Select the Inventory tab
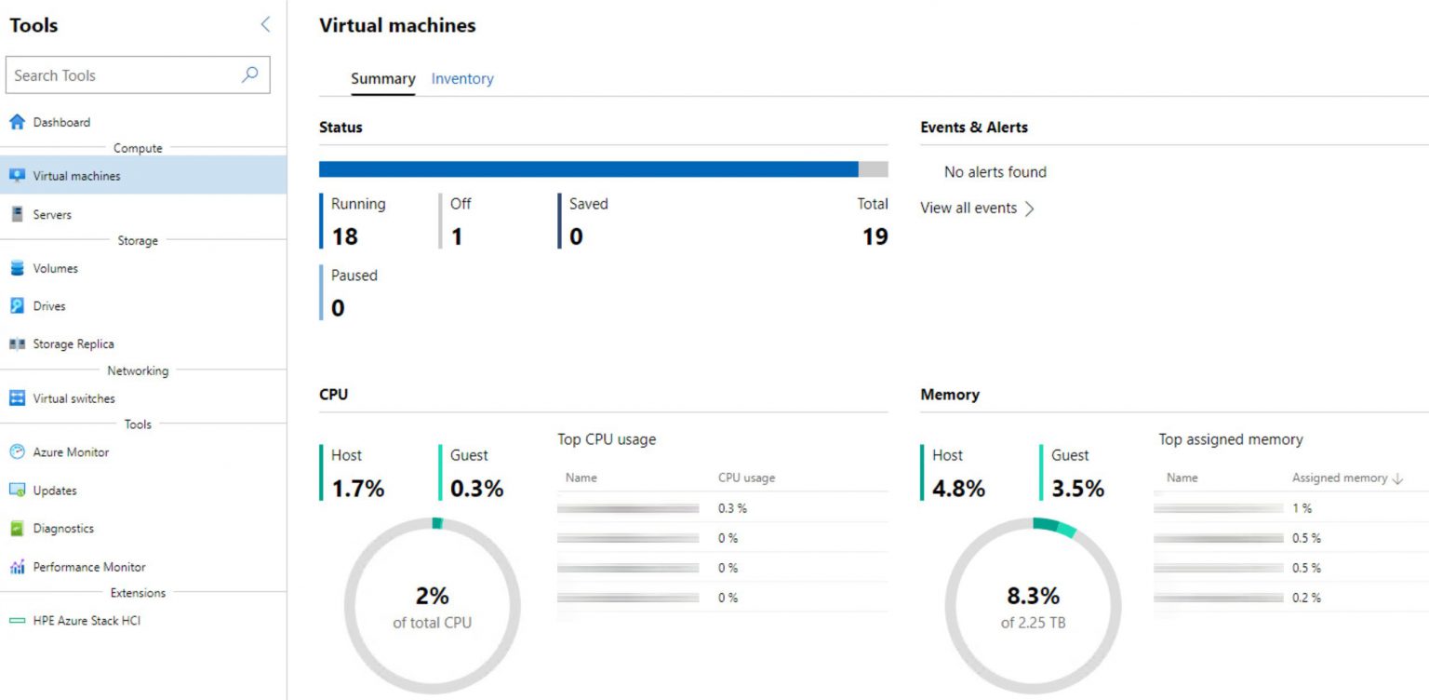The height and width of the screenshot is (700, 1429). [x=462, y=79]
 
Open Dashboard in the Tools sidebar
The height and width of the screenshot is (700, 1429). [x=61, y=122]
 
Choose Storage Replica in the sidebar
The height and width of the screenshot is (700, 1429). [x=73, y=344]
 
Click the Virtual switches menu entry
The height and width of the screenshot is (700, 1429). [x=73, y=398]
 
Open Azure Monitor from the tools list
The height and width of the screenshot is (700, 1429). [x=71, y=452]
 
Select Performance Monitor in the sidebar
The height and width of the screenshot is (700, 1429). [x=88, y=567]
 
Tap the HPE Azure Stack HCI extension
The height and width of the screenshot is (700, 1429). [x=87, y=621]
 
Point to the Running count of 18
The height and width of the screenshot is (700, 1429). [x=344, y=236]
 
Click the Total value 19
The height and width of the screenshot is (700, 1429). [x=875, y=236]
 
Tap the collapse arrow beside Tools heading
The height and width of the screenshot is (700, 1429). [x=265, y=25]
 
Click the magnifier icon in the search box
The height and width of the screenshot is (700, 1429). [x=249, y=74]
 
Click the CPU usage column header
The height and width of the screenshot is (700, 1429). [x=746, y=478]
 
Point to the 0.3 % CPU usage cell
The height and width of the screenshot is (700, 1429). [x=732, y=508]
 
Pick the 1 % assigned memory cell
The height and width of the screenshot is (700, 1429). [x=1302, y=508]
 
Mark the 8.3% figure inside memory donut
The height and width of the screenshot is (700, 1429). [x=1033, y=595]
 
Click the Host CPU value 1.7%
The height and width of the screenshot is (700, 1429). [x=357, y=488]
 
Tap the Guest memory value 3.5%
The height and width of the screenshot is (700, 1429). [x=1077, y=488]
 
